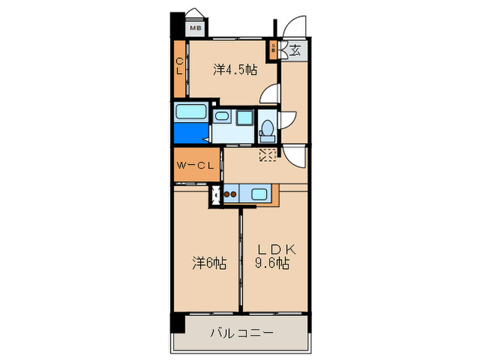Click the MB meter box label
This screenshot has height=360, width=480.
[195, 28]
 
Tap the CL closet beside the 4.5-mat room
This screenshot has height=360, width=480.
[180, 68]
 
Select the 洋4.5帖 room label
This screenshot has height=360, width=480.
[235, 69]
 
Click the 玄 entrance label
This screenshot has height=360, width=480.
[295, 49]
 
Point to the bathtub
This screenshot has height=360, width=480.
[192, 112]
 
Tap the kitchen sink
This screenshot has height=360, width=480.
[260, 193]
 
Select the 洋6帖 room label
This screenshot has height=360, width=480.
[209, 262]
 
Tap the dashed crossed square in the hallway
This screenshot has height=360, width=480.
[267, 155]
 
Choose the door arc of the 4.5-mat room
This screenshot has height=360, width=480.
[269, 95]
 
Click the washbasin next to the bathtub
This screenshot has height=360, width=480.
[222, 117]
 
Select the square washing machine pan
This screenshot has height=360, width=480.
[245, 118]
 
